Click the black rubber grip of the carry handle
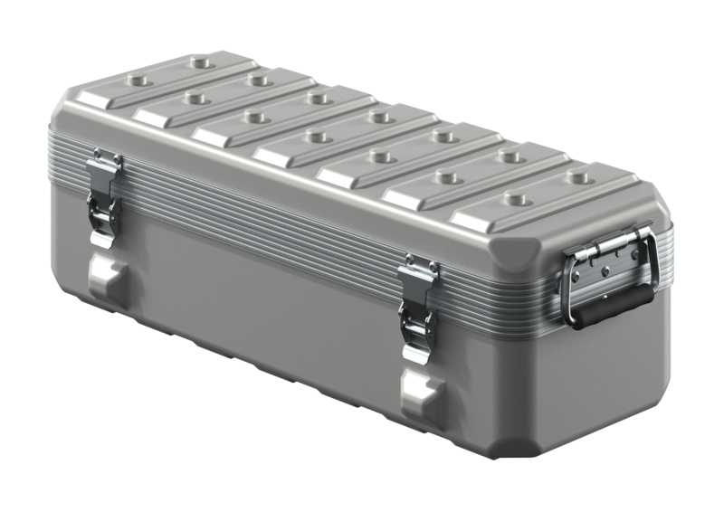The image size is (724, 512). coord(608,308)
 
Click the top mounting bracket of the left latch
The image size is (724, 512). coord(106,163)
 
